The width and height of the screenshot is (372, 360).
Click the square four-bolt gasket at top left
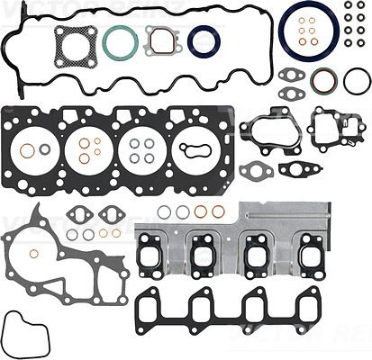[x=74, y=45]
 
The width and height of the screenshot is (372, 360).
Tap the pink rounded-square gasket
[x=160, y=40]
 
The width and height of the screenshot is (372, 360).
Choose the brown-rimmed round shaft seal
[x=322, y=82]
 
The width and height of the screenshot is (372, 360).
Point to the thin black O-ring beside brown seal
[x=356, y=82]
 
